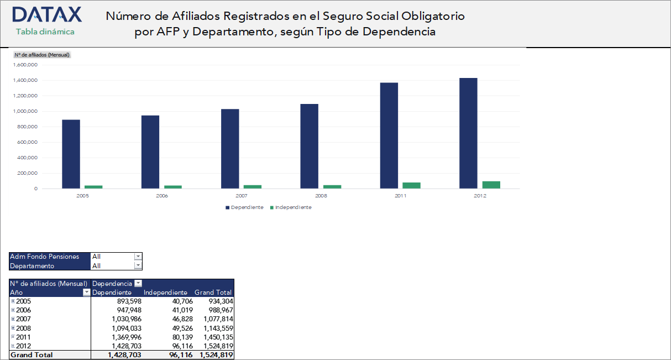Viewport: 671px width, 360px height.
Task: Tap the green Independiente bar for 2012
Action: (491, 185)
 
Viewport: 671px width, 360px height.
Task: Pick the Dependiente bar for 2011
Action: (389, 135)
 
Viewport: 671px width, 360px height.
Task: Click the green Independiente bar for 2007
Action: (253, 186)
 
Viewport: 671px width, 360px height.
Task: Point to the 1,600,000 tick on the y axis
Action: (24, 65)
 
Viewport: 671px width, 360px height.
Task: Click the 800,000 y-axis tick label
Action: (26, 127)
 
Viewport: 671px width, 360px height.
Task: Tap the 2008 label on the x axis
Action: (321, 196)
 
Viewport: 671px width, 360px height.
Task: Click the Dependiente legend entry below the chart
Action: (244, 207)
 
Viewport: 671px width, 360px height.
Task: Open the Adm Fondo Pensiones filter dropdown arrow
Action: (138, 257)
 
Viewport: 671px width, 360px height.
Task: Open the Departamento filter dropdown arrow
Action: (138, 266)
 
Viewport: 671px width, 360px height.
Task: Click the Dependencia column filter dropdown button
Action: (138, 284)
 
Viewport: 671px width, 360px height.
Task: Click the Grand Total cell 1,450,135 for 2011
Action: (218, 337)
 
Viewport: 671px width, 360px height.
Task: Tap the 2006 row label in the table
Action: (23, 310)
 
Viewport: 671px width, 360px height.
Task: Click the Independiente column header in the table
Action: (165, 293)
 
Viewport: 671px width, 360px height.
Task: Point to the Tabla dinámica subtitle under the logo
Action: (45, 32)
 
